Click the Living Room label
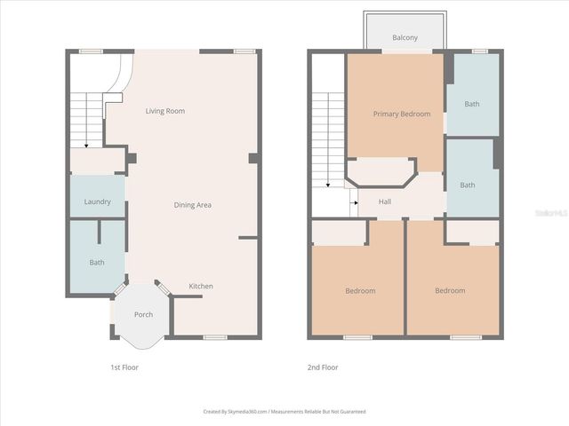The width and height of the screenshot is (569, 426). (x=165, y=111)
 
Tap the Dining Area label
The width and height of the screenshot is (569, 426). (x=192, y=205)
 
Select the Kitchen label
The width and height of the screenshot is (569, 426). (x=201, y=286)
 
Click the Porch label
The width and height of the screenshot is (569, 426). (x=143, y=314)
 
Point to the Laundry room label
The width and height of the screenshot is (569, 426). (x=97, y=201)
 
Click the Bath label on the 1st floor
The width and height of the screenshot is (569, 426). (x=97, y=262)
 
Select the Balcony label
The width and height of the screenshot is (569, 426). (x=405, y=38)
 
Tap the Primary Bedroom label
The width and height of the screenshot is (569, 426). (x=401, y=114)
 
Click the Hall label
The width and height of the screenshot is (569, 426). (x=385, y=201)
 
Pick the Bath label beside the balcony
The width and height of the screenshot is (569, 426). (x=471, y=104)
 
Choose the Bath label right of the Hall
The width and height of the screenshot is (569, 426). (x=468, y=185)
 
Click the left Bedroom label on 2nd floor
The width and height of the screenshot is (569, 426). (x=360, y=290)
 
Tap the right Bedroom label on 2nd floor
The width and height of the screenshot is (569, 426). (x=450, y=290)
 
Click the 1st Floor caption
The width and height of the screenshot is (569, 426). (x=124, y=367)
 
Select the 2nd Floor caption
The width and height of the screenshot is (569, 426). (x=323, y=367)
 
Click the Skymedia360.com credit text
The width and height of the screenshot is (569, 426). (x=284, y=412)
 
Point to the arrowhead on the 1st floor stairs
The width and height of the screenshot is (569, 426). (x=85, y=146)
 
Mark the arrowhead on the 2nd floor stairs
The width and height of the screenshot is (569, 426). (x=328, y=185)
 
